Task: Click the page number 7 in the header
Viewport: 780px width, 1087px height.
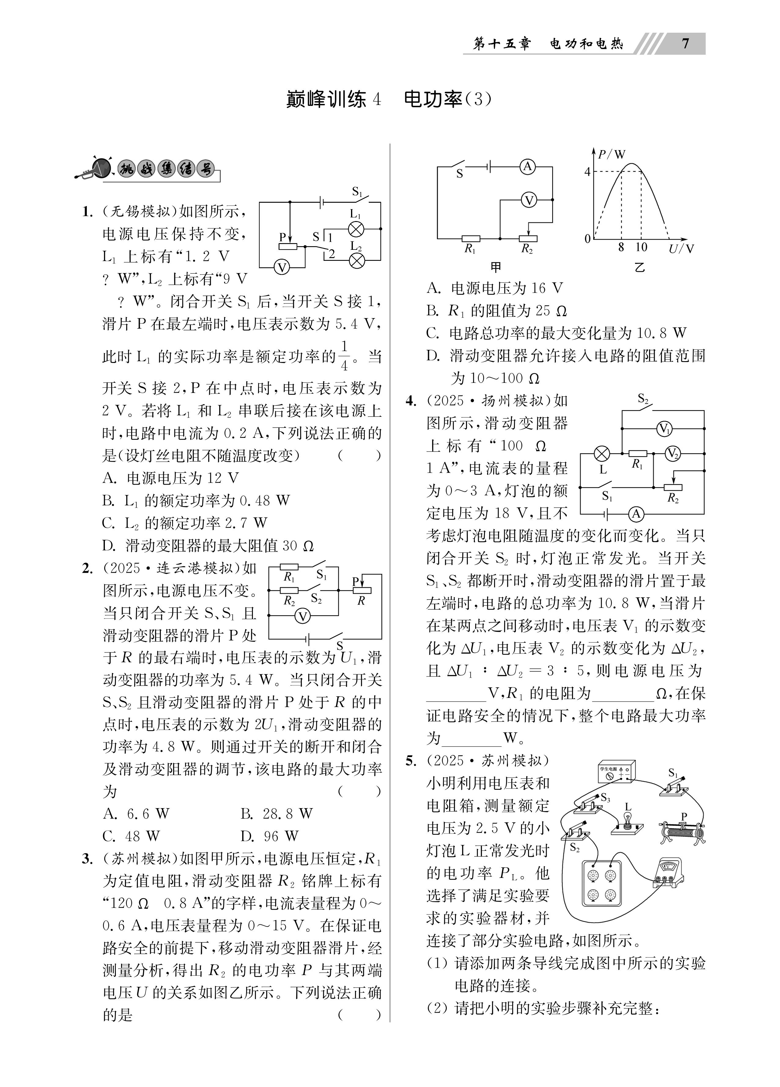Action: tap(685, 44)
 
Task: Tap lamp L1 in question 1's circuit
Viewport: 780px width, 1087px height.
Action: tap(356, 229)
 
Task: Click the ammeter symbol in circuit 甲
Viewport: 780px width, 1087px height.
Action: tap(528, 166)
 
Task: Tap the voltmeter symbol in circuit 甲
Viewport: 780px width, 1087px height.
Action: tap(528, 200)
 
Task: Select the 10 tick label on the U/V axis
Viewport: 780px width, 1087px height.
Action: tap(641, 247)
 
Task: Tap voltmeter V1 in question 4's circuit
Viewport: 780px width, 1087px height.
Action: tap(664, 429)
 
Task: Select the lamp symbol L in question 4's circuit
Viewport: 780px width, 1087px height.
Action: tap(602, 453)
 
